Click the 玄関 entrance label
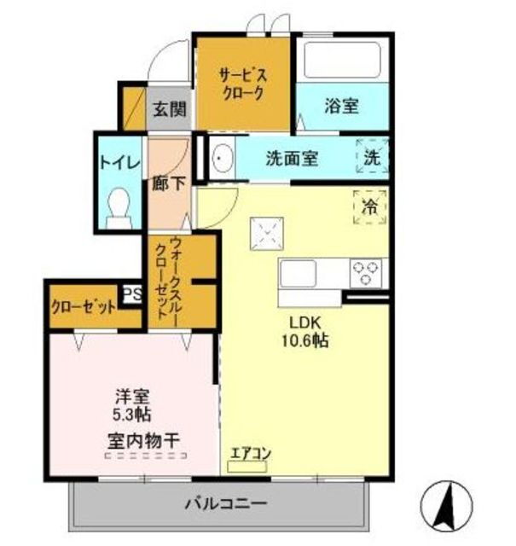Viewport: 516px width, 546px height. coord(170,109)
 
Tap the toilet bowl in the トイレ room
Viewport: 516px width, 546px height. coord(119,208)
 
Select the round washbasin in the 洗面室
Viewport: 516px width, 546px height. coord(222,159)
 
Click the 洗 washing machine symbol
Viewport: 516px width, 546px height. coord(372,155)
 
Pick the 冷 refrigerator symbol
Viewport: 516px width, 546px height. coord(370,206)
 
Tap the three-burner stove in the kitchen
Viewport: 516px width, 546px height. coord(366,273)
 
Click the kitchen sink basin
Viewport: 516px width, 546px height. coord(298,273)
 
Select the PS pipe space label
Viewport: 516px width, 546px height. coord(133,294)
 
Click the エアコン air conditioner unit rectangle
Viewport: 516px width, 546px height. coord(246,467)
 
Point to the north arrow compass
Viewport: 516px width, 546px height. coord(446,505)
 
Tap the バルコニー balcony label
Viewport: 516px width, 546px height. coord(226,503)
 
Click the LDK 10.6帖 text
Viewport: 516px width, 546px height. coord(305,332)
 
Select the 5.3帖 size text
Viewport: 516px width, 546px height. coord(132,415)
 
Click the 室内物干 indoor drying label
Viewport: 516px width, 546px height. coord(143,442)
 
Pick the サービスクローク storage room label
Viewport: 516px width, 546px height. coord(243,84)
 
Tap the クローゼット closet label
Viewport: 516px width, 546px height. coord(83,307)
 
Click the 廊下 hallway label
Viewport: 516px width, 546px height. coord(169,183)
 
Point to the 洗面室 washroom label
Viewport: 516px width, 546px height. coord(292,159)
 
